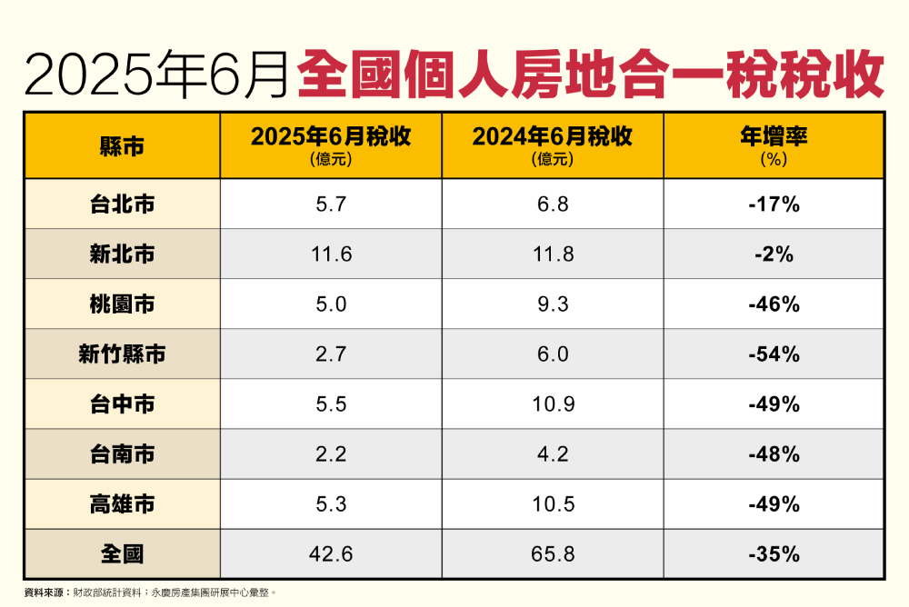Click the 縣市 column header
tap(122, 145)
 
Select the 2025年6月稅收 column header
tap(331, 137)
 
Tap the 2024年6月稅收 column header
tap(552, 137)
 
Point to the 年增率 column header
tap(774, 137)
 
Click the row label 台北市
tap(122, 204)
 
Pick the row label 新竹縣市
tap(122, 354)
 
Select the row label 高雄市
tap(122, 503)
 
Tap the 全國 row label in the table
tap(122, 553)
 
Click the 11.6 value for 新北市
tap(331, 254)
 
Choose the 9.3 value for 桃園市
tap(553, 304)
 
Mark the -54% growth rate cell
tap(774, 354)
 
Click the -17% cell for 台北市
tap(774, 204)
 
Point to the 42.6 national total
tap(331, 553)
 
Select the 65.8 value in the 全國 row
tap(553, 553)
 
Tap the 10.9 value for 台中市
tap(553, 404)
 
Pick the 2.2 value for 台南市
tap(331, 453)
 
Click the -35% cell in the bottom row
tap(774, 553)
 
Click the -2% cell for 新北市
tap(774, 254)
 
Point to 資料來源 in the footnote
tap(45, 592)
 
